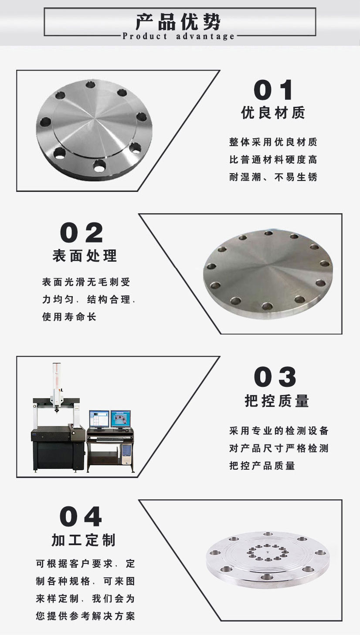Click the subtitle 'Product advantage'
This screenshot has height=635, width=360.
coord(179,36)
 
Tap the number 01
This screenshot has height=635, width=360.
coord(274,90)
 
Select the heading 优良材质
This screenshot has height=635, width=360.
coord(273,113)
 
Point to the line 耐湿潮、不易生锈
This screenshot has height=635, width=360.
coord(273,177)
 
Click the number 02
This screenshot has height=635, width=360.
coord(82,233)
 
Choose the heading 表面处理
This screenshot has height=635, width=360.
coord(85,256)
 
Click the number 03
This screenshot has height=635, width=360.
coord(275,377)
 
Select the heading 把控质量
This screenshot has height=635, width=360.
coord(277,401)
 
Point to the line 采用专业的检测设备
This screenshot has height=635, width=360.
coord(279,431)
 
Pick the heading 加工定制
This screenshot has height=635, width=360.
coord(84,540)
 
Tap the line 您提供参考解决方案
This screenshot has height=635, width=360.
coord(85,616)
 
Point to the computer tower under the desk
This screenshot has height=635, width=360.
coord(126,455)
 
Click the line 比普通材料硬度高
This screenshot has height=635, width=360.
coord(273,160)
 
